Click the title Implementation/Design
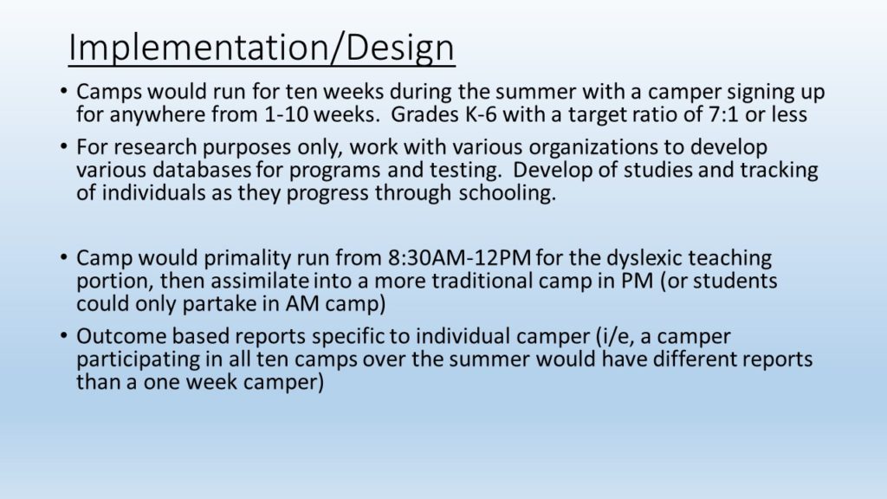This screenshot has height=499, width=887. coord(262,49)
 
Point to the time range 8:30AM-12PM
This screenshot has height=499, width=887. coord(459,258)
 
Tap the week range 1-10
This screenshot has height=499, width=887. coord(286,115)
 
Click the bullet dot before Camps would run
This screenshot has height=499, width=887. coord(64,90)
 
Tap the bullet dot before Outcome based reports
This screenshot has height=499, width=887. coord(64,335)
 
